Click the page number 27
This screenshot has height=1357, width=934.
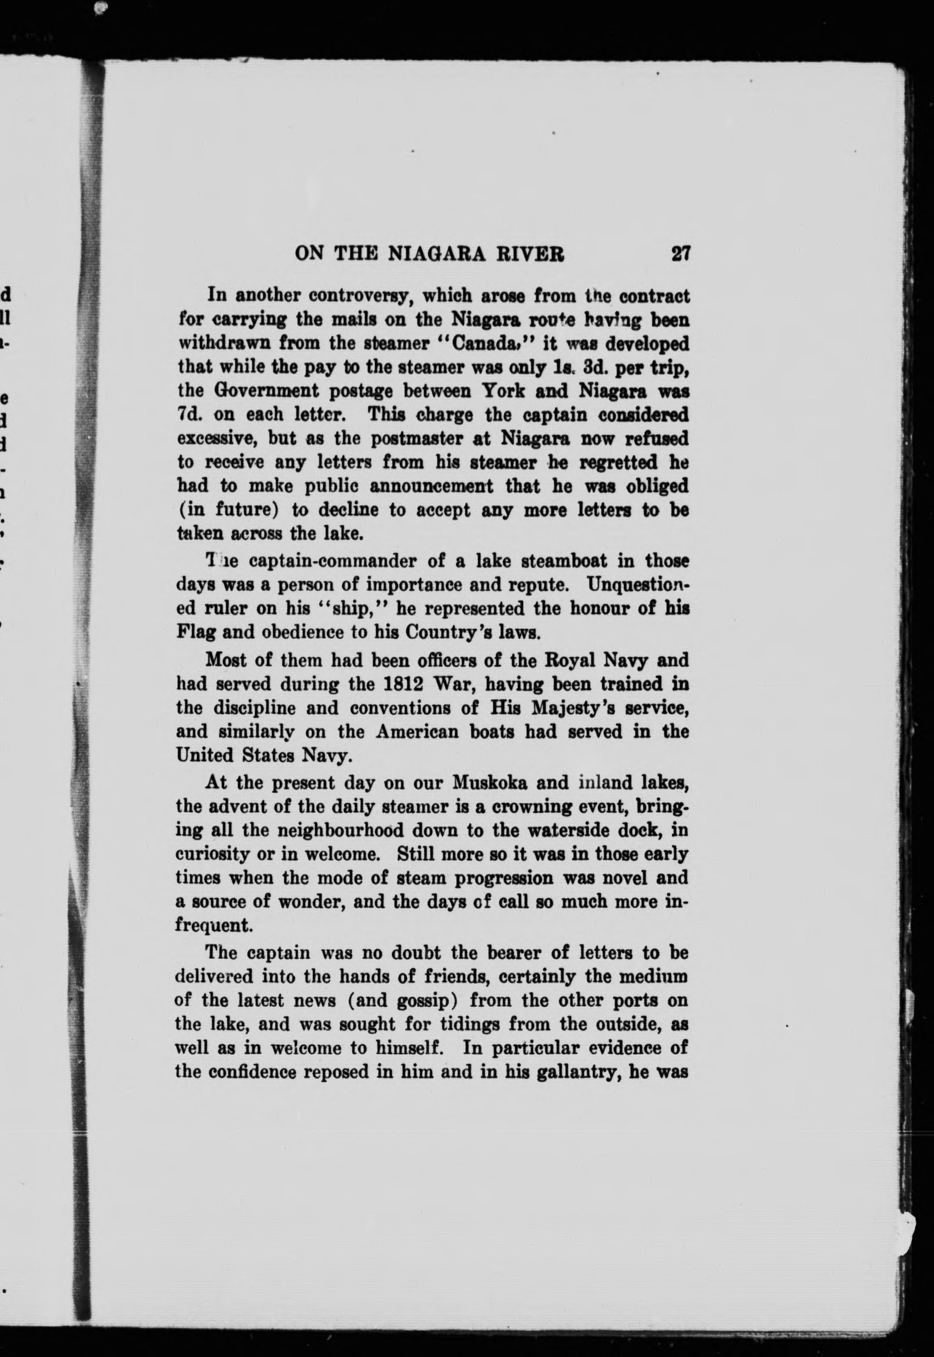pos(682,253)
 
